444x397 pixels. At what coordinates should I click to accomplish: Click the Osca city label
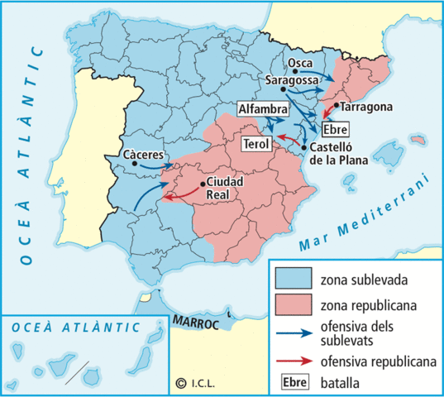pos(298,64)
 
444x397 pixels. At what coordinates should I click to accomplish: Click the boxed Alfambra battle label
pos(262,110)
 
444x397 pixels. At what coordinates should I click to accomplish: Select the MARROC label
pos(196,321)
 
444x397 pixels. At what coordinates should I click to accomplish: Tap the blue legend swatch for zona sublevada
pos(294,278)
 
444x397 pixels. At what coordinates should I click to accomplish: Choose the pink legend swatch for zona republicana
pos(294,304)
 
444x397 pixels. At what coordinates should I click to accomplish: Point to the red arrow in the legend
pos(294,361)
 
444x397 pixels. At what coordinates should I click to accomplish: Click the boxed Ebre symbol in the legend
pos(294,381)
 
